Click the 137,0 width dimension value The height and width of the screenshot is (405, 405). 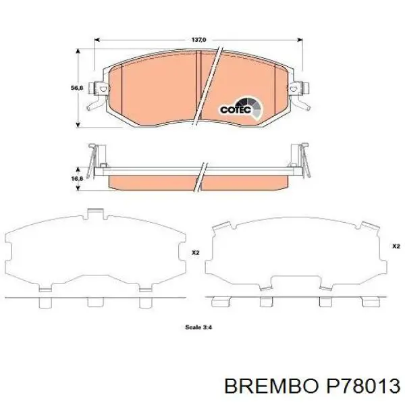(198, 40)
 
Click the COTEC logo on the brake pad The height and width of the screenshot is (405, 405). (236, 109)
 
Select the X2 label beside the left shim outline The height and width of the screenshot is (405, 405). (195, 253)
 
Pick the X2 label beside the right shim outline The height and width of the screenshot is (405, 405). (396, 246)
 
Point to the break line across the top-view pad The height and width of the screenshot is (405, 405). (208, 86)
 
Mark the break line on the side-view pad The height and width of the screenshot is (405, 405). (201, 176)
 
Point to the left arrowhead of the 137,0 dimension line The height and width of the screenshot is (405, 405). (97, 40)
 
